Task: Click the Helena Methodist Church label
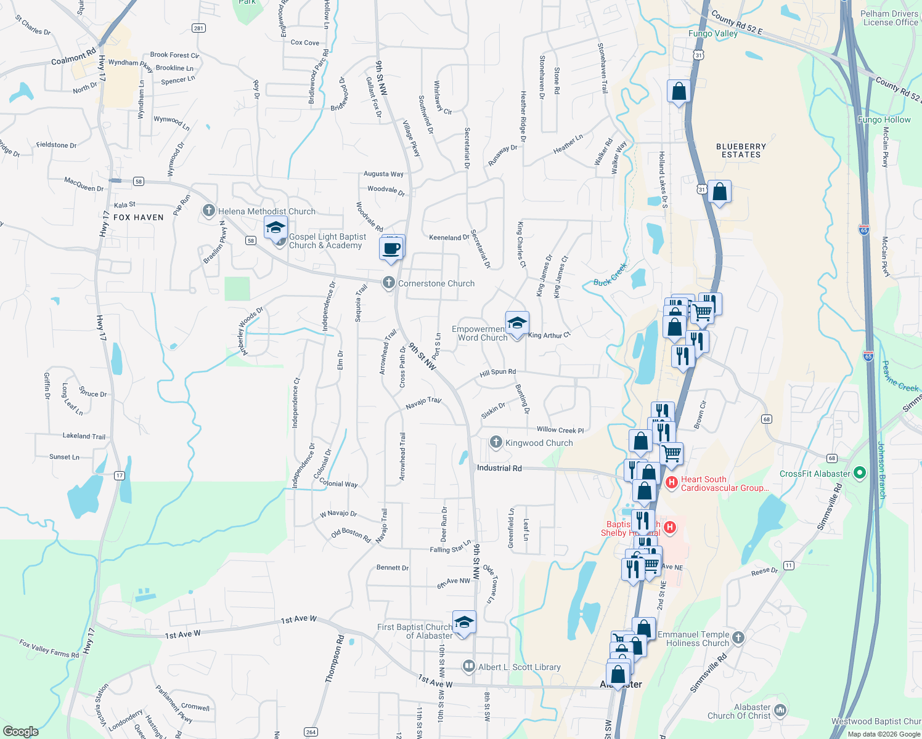pyautogui.click(x=266, y=211)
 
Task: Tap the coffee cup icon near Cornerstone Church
pyautogui.click(x=391, y=249)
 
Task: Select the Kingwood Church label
pyautogui.click(x=539, y=443)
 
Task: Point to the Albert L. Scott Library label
pyautogui.click(x=519, y=667)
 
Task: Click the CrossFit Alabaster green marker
pyautogui.click(x=862, y=474)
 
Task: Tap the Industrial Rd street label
pyautogui.click(x=499, y=468)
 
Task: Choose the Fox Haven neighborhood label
pyautogui.click(x=139, y=217)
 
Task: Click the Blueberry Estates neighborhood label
pyautogui.click(x=741, y=150)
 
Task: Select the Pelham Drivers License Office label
pyautogui.click(x=890, y=18)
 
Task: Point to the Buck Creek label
pyautogui.click(x=610, y=275)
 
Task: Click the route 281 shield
pyautogui.click(x=198, y=28)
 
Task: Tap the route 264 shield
pyautogui.click(x=311, y=732)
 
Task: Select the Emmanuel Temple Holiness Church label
pyautogui.click(x=693, y=639)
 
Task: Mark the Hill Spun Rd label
pyautogui.click(x=498, y=372)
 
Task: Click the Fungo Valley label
pyautogui.click(x=713, y=33)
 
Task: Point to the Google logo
pyautogui.click(x=20, y=731)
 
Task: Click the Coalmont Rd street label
pyautogui.click(x=74, y=57)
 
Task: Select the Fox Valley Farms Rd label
pyautogui.click(x=49, y=648)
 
